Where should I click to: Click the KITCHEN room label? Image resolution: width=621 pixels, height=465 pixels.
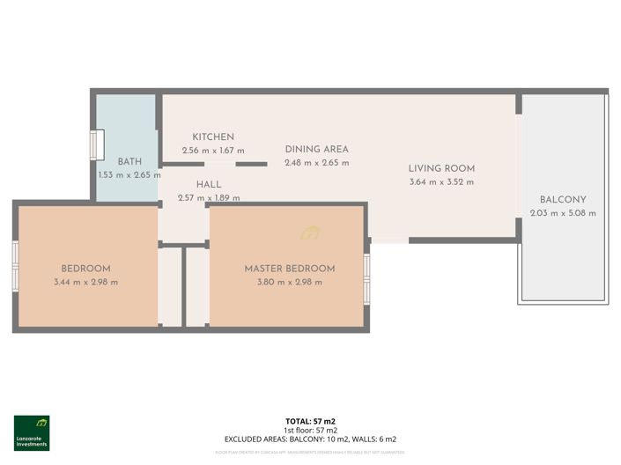pos(213,137)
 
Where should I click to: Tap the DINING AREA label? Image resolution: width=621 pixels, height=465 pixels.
pos(316,149)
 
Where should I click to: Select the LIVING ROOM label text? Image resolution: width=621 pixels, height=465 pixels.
pos(441,168)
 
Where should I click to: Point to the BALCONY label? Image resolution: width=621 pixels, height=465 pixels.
pos(563,199)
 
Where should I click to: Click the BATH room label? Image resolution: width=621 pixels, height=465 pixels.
pos(129,161)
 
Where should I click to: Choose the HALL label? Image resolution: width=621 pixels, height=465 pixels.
pos(209,184)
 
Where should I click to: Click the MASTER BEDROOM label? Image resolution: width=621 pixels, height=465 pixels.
pos(290,269)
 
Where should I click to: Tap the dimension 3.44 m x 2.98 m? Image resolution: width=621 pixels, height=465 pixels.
pos(85,282)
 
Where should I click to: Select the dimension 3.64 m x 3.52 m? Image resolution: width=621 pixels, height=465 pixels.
pos(441,182)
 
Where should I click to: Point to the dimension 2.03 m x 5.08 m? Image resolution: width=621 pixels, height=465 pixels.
pos(563,213)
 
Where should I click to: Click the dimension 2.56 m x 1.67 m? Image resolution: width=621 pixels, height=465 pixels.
pos(213,151)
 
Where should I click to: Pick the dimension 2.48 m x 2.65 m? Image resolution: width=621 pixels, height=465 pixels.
pos(316,163)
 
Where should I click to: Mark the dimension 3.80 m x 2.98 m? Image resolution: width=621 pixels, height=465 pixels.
pos(290,282)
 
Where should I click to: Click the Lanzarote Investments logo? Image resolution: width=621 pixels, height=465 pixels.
pos(32,432)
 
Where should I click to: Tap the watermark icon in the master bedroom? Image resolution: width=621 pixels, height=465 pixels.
pos(310,233)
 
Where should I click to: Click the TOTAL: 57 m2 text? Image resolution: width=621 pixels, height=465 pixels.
pos(310,422)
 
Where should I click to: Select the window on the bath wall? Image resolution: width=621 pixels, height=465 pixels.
pos(97,144)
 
